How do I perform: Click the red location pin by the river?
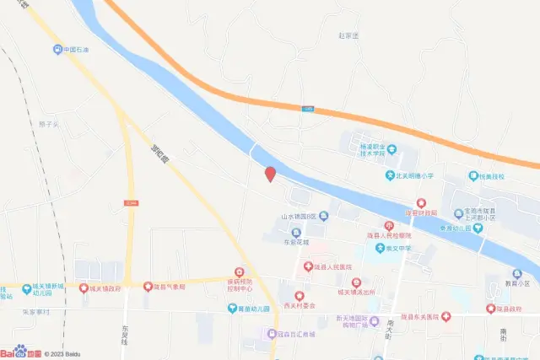pos(270,175)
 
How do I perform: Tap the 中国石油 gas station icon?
pos(57,50)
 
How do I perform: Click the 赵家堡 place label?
pos(348,35)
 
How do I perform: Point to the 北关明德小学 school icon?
pos(389,175)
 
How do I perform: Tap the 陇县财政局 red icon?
pos(420,203)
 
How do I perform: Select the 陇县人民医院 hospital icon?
pos(307,267)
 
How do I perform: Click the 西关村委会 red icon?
pos(299,295)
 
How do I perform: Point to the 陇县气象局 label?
pos(170,287)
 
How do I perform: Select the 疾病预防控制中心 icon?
pos(240,271)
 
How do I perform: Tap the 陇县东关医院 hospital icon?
pos(445,316)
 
